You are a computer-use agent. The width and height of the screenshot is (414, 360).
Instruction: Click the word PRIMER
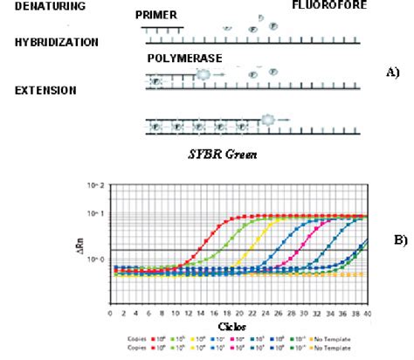tap(155, 16)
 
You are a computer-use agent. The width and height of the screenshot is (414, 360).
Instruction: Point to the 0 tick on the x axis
tap(110, 312)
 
